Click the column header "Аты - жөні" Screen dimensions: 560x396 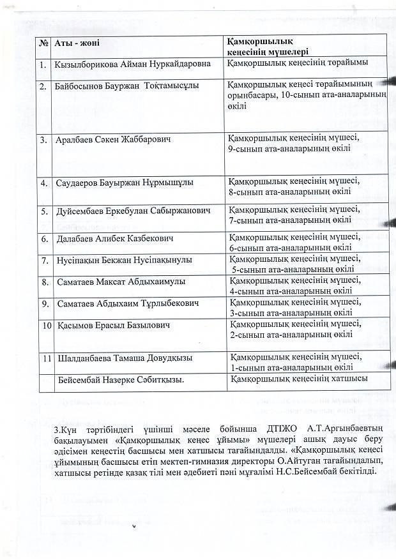coord(76,43)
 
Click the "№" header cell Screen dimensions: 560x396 coord(43,43)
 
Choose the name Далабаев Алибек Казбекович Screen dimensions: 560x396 coord(116,239)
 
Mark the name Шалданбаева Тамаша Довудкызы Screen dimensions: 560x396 coord(125,358)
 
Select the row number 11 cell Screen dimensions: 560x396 coord(45,358)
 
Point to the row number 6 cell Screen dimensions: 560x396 coord(44,239)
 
